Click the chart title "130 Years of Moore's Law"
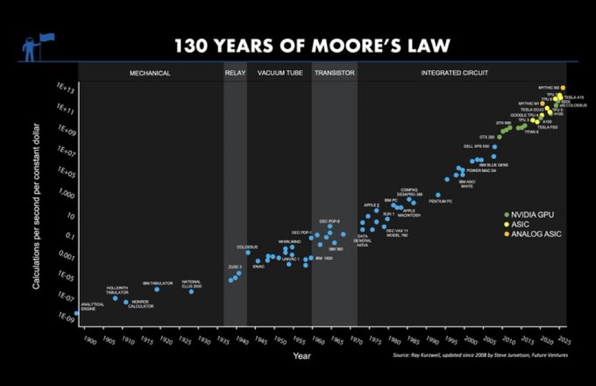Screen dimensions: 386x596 click(312, 46)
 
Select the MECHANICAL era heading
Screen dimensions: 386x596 click(150, 73)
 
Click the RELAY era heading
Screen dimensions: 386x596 click(235, 73)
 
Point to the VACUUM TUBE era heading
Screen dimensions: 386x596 click(280, 73)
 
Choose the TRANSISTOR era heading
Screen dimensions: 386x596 click(334, 73)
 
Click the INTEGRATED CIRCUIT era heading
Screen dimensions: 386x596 click(454, 73)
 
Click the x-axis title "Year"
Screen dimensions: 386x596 click(301, 357)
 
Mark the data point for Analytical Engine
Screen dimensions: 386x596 click(77, 313)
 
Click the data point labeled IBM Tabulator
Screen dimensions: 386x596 click(157, 289)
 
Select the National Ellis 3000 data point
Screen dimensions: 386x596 click(191, 291)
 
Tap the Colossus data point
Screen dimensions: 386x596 click(248, 252)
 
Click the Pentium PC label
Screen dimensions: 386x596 click(440, 201)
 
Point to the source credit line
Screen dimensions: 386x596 click(480, 355)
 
